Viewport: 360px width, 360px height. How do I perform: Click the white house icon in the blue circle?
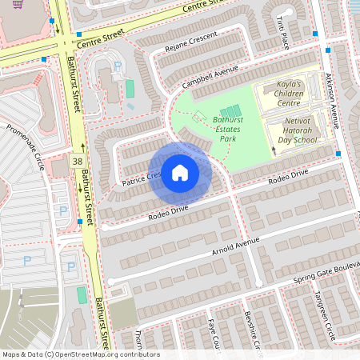(x=179, y=173)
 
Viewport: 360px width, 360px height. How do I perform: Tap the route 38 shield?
(x=77, y=161)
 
